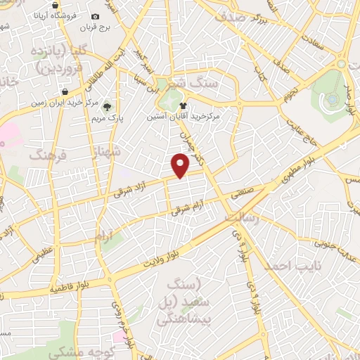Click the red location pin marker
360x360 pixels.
pos(181,166)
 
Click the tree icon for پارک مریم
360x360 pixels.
pos(107,107)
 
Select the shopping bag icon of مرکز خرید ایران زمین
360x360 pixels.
pos(64,92)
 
